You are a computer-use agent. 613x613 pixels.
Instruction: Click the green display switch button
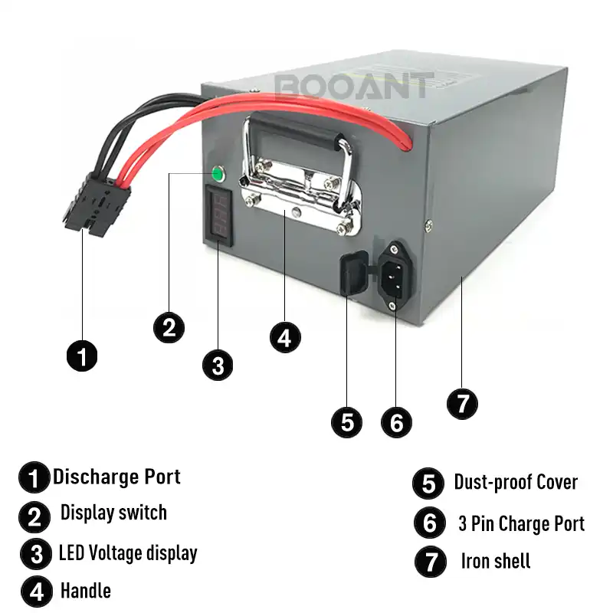[x=217, y=175]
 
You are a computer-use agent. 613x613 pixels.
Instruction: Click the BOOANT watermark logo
[x=353, y=84]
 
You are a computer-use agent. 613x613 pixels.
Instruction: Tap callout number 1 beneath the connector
[x=82, y=356]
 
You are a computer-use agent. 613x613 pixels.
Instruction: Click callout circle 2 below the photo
[x=169, y=327]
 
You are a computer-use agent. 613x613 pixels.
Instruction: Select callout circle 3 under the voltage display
[x=218, y=365]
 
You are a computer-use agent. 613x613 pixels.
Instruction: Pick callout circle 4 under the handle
[x=285, y=337]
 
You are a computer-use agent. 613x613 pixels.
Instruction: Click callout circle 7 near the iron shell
[x=462, y=403]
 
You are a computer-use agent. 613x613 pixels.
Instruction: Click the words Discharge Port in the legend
[x=116, y=477]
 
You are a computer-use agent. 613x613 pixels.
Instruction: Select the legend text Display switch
[x=113, y=513]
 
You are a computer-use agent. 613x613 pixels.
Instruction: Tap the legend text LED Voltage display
[x=128, y=552]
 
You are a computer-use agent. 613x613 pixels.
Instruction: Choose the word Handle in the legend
[x=86, y=591]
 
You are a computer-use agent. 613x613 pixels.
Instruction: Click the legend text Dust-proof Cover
[x=516, y=482]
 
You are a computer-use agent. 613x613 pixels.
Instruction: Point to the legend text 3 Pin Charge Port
[x=521, y=523]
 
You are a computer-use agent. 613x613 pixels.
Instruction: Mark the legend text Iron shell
[x=496, y=561]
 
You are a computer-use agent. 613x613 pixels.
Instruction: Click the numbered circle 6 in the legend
[x=429, y=523]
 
